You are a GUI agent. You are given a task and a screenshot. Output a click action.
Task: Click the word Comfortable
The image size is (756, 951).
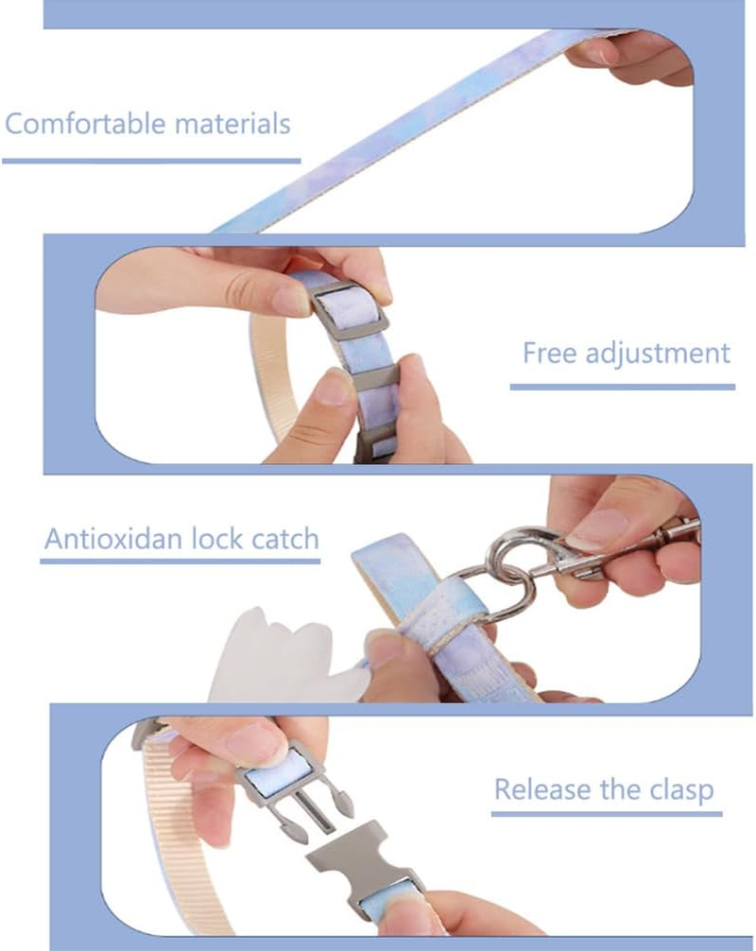[x=85, y=123]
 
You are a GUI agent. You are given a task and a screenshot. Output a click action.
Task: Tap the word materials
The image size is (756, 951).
[x=232, y=123]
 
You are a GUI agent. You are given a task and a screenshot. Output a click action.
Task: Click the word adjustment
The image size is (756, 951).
[x=658, y=354]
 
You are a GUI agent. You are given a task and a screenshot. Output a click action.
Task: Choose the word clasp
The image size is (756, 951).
[x=681, y=790]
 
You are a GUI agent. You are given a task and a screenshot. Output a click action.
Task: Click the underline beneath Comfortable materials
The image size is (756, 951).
[x=151, y=161]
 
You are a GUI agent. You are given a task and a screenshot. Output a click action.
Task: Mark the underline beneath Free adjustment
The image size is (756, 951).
[x=623, y=387]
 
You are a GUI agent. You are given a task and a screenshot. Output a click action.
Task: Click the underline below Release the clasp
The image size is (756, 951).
[x=607, y=813]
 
